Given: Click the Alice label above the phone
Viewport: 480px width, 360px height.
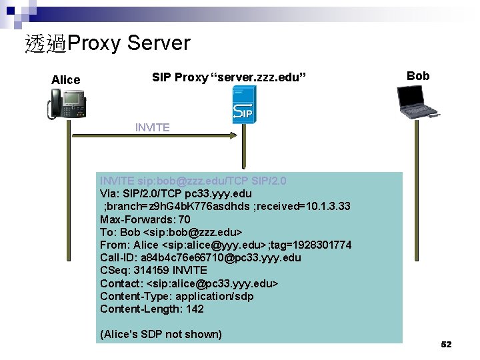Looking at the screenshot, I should click(65, 80).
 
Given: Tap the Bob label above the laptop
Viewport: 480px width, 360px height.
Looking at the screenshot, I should click(418, 76).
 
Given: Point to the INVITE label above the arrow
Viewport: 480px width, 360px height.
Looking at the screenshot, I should click(152, 127).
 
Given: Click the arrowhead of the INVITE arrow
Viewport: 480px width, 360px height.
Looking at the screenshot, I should click(233, 135).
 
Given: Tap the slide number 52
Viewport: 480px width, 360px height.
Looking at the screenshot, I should click(446, 345).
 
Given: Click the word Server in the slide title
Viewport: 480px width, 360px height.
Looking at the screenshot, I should click(158, 43).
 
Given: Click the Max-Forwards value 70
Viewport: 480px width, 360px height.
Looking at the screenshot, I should click(184, 219).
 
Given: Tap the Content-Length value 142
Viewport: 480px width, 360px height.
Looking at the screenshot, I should click(195, 309).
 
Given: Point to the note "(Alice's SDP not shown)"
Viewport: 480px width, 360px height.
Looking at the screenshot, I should click(161, 334).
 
